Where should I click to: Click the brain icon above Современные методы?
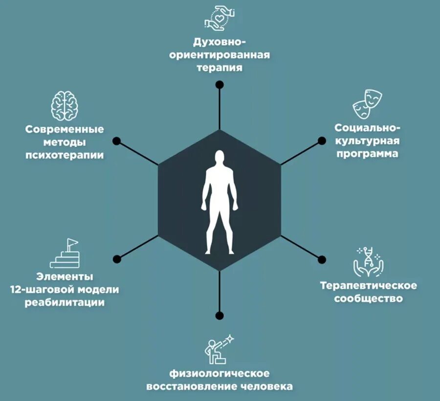[x=65, y=105]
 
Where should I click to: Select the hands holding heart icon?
[x=219, y=17]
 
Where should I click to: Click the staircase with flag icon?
[x=65, y=254]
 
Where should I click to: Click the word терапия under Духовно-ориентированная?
[x=220, y=67]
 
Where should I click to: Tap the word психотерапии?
[x=65, y=155]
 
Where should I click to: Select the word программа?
[x=367, y=153]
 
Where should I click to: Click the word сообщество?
[x=368, y=298]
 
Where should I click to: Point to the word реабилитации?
[x=64, y=302]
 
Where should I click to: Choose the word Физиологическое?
[x=220, y=374]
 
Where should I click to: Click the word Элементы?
[x=65, y=277]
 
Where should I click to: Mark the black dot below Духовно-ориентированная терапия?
[x=220, y=84]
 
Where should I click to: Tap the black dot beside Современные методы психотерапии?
[x=116, y=141]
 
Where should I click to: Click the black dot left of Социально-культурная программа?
[x=322, y=141]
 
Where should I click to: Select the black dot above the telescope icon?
[x=220, y=315]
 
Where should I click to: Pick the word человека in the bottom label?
[x=267, y=387]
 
